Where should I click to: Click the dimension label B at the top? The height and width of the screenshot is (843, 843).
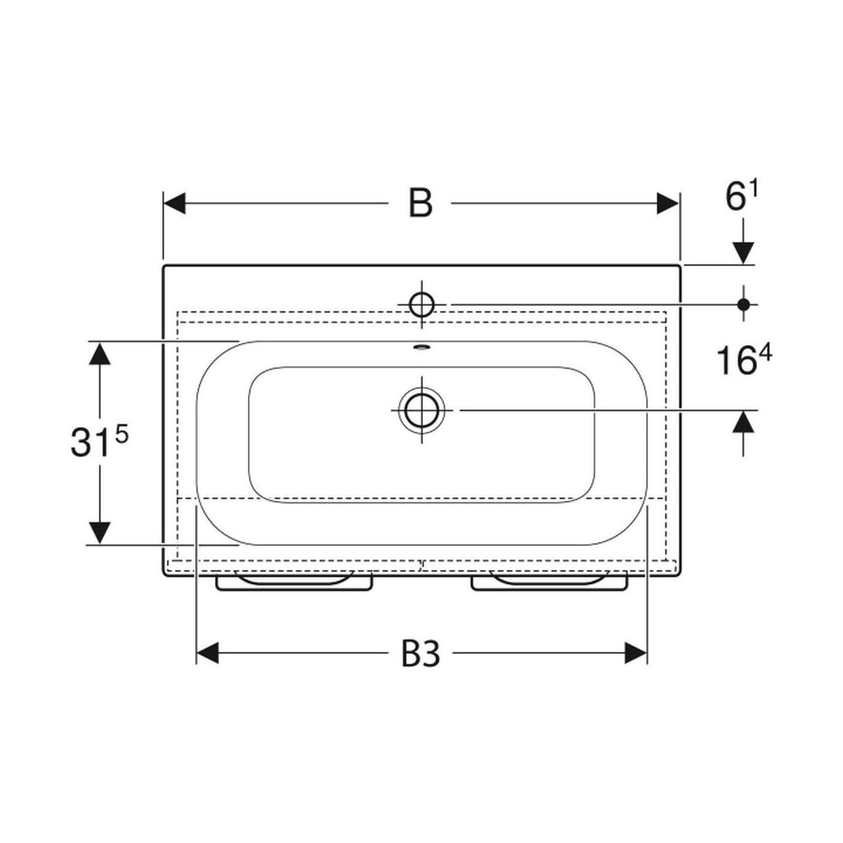coord(420,203)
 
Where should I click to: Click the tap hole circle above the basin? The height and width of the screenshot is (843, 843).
coord(421,304)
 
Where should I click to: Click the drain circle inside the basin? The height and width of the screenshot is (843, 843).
coord(421,410)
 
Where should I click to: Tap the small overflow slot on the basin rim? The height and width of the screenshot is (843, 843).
coord(421,348)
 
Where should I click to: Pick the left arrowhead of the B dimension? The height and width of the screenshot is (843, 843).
coord(174,204)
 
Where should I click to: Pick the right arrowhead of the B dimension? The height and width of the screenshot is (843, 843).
coord(667,204)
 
